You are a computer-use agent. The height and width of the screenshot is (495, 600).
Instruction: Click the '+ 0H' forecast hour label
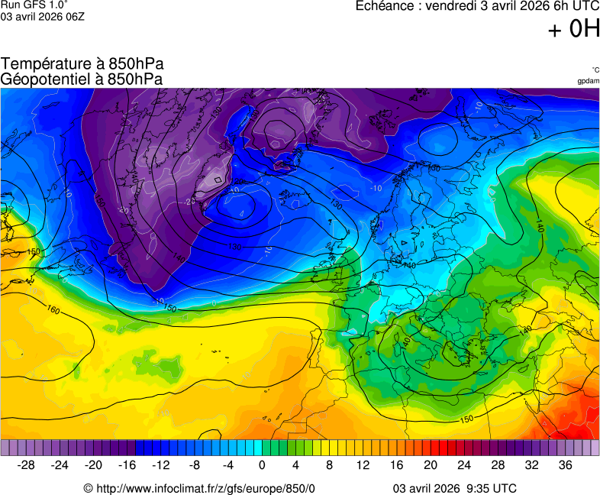tap(573, 29)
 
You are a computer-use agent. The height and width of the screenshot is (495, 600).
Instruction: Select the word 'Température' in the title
tap(44, 64)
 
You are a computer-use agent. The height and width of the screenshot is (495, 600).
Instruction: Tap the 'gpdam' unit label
tap(588, 81)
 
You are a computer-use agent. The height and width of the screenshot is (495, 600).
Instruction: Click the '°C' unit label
tap(595, 70)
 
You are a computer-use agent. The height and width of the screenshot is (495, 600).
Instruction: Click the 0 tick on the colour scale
tap(262, 464)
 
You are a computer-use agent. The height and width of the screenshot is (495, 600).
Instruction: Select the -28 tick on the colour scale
tap(27, 464)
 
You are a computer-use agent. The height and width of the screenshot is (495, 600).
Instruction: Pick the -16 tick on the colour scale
tap(127, 464)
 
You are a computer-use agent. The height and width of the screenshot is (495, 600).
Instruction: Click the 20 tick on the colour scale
tap(430, 464)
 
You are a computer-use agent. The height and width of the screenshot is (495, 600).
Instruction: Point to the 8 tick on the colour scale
tap(329, 464)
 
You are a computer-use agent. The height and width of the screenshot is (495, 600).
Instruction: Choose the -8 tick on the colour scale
tap(195, 464)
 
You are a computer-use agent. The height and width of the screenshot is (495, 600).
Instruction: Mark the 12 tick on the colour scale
tap(363, 464)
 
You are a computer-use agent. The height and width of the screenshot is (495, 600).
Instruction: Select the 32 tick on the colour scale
tap(531, 464)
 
